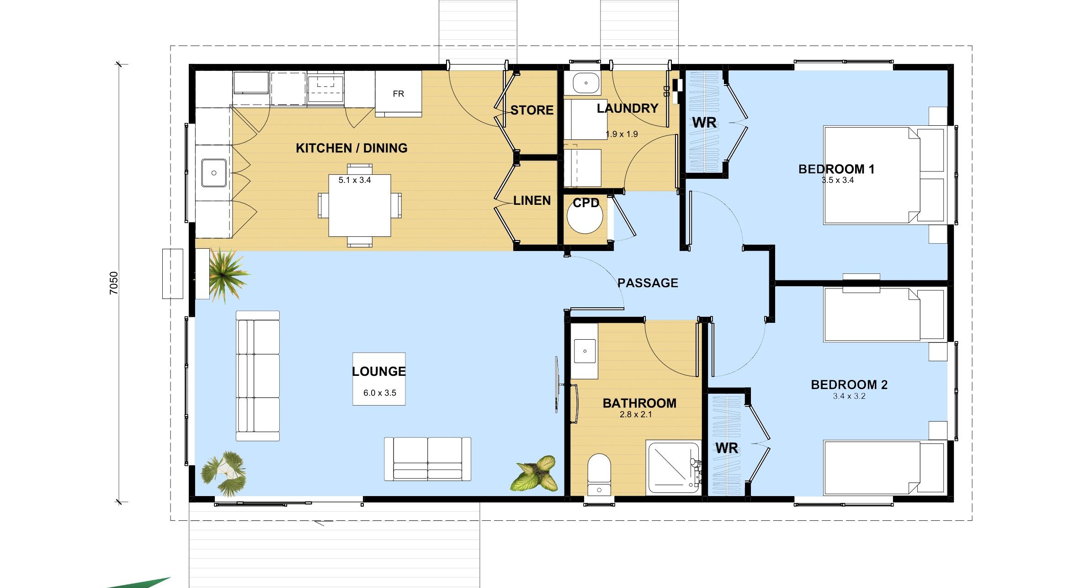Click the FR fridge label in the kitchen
pos(398,94)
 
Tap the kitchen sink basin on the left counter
pos(214,173)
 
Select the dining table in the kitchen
pos(360,205)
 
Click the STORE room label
pos(532,110)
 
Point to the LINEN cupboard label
pos(532,200)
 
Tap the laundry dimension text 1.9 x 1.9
pos(622,134)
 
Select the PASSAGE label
pos(648,283)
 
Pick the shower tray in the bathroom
pos(672,467)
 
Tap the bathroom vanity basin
pos(585,351)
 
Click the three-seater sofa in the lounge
pos(258,376)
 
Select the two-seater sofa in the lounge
pos(427,459)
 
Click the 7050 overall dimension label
pos(114,283)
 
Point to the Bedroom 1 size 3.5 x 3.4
pos(837,180)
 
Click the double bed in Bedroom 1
pos(883,175)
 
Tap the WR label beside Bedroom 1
pos(704,123)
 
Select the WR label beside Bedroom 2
pos(726,448)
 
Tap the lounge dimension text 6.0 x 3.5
pos(379,393)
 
